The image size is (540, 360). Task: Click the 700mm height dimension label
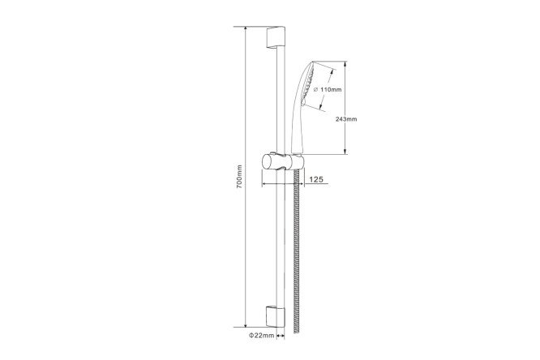[x=240, y=177]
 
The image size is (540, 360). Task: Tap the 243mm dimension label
[x=346, y=119]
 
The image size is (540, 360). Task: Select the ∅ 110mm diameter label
[x=328, y=89]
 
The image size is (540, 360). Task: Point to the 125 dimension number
[x=316, y=179]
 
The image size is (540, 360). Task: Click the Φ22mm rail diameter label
[x=262, y=335]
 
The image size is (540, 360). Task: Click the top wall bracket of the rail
[x=276, y=38]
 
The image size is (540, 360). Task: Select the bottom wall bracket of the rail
[x=276, y=316]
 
